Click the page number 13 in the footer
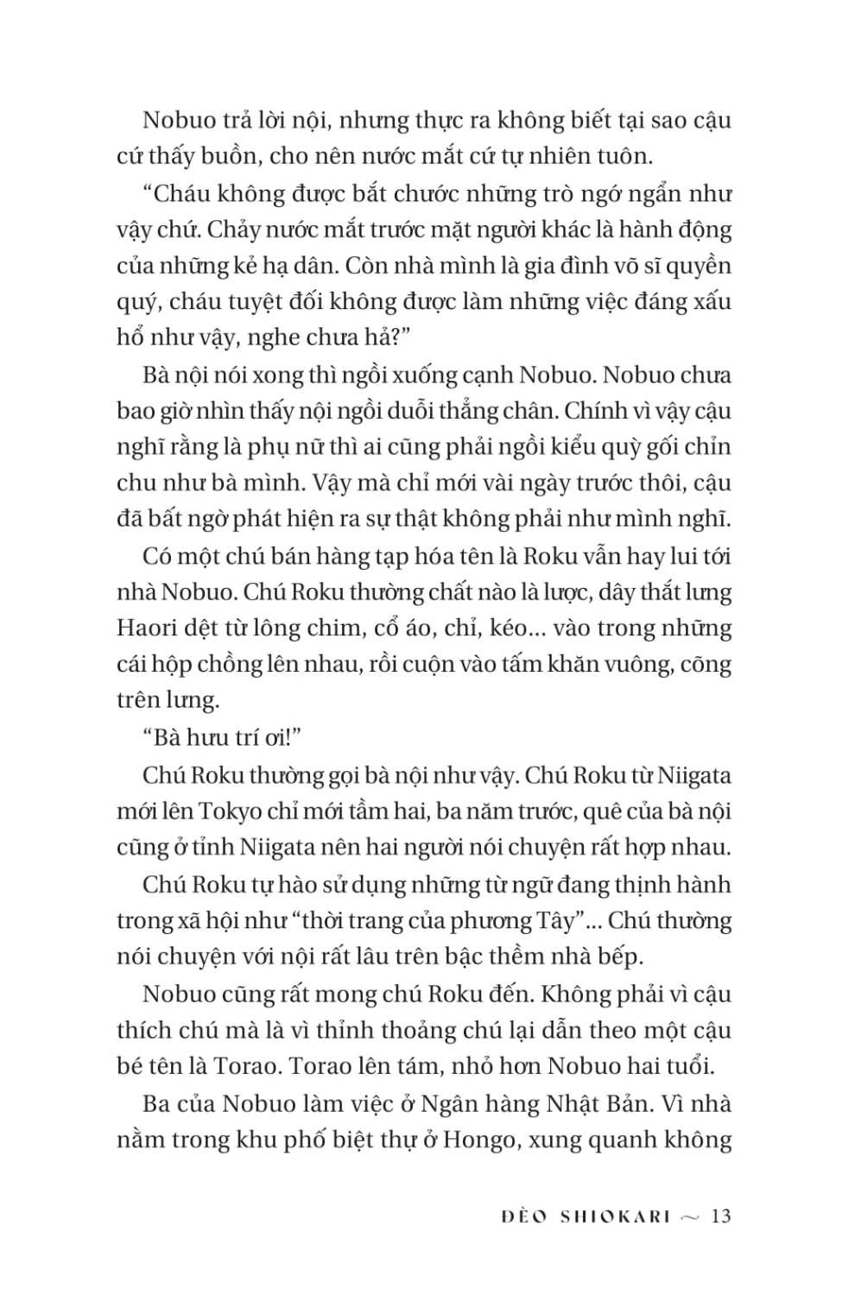[x=721, y=1216]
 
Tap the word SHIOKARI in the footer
[x=615, y=1216]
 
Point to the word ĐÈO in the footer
[x=523, y=1216]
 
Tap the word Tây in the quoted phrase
[x=554, y=920]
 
